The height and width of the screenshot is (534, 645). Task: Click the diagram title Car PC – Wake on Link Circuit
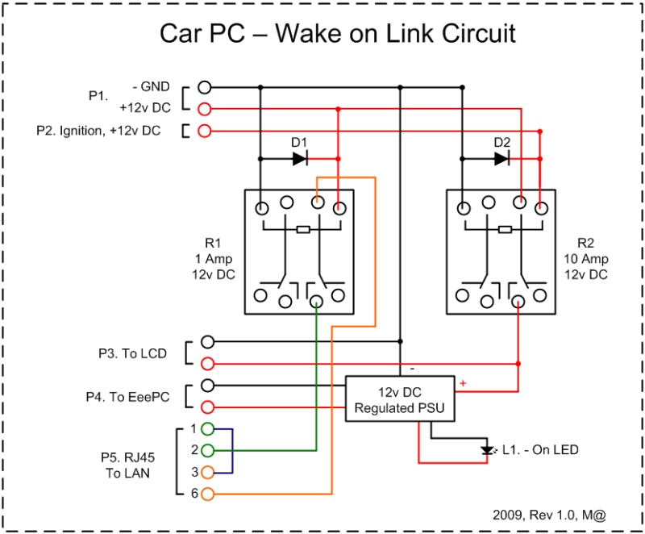pyautogui.click(x=337, y=34)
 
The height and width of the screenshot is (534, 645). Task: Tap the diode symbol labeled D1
pyautogui.click(x=300, y=159)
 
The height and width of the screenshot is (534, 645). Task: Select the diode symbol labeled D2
pyautogui.click(x=501, y=159)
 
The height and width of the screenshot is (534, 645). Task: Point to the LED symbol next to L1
pyautogui.click(x=485, y=450)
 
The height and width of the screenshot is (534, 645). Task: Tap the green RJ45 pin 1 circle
pyautogui.click(x=208, y=429)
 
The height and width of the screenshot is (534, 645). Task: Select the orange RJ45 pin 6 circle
pyautogui.click(x=208, y=494)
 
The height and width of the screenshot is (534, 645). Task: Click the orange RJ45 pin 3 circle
pyautogui.click(x=208, y=472)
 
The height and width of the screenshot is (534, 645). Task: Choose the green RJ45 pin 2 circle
pyautogui.click(x=208, y=450)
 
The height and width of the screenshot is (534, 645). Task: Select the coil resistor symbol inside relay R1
pyautogui.click(x=302, y=229)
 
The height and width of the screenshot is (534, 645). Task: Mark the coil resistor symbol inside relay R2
pyautogui.click(x=504, y=229)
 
